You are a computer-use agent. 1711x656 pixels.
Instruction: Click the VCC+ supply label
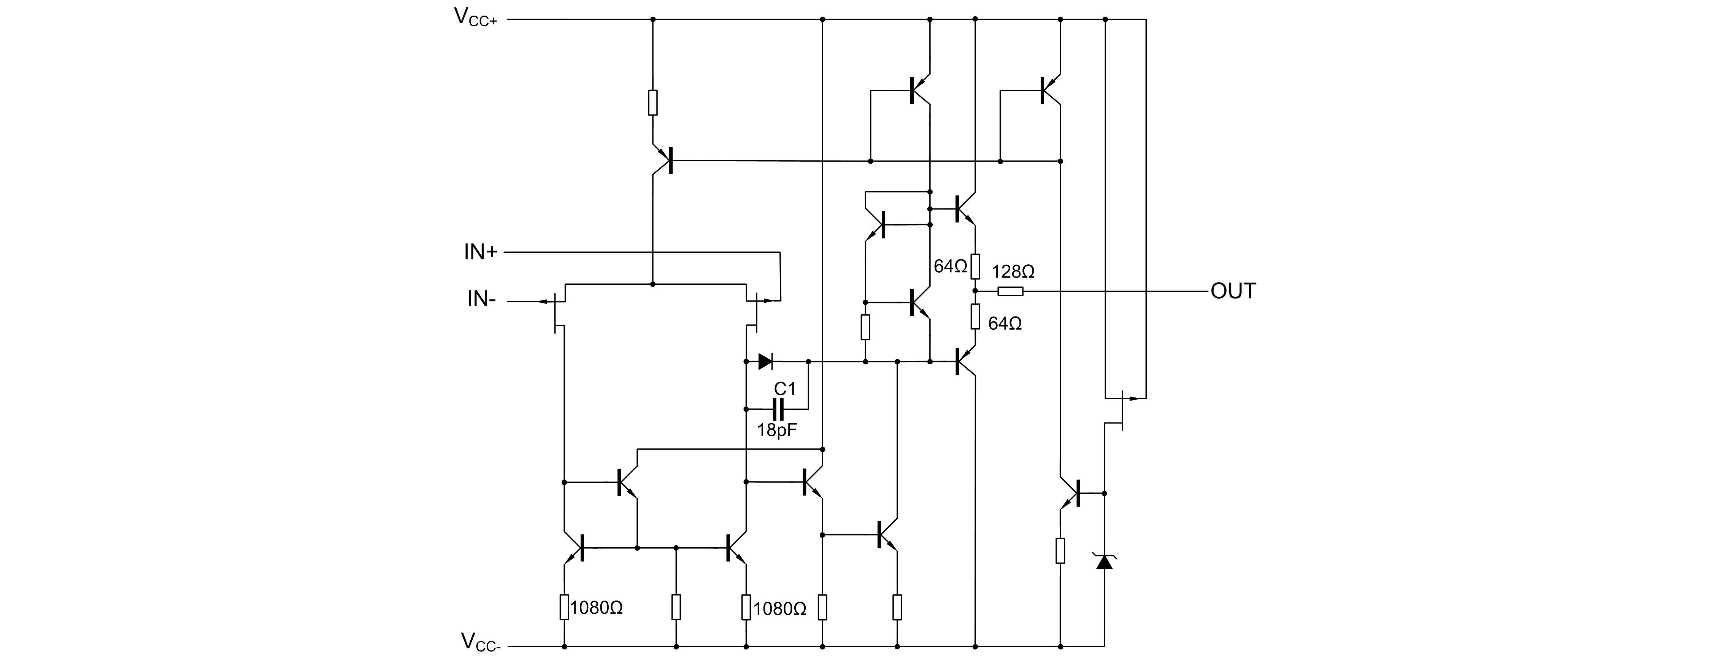pyautogui.click(x=475, y=18)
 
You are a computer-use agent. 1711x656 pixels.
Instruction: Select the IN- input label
pyautogui.click(x=481, y=300)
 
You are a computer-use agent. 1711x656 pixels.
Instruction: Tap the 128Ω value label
pyautogui.click(x=1013, y=272)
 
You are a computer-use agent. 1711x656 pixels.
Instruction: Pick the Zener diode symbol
pyautogui.click(x=1104, y=562)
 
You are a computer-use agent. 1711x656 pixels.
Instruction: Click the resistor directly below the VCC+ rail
pyautogui.click(x=652, y=103)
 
